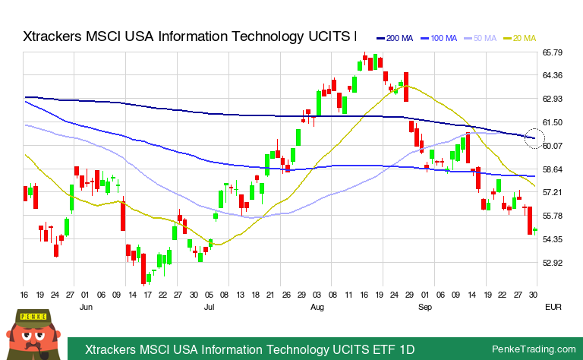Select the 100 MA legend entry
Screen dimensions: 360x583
(440, 38)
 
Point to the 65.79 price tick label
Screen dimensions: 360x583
(552, 52)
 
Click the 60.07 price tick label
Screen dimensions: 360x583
(552, 146)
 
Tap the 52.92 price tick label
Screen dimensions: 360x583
(552, 264)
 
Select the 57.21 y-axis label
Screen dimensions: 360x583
(552, 193)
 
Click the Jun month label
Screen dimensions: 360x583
(86, 307)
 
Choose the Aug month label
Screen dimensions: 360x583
(317, 307)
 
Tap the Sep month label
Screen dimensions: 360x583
(425, 307)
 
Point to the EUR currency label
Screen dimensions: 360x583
(552, 307)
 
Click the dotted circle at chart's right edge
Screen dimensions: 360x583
(535, 139)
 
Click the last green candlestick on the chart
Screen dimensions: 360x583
(535, 230)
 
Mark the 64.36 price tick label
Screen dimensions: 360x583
(552, 76)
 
